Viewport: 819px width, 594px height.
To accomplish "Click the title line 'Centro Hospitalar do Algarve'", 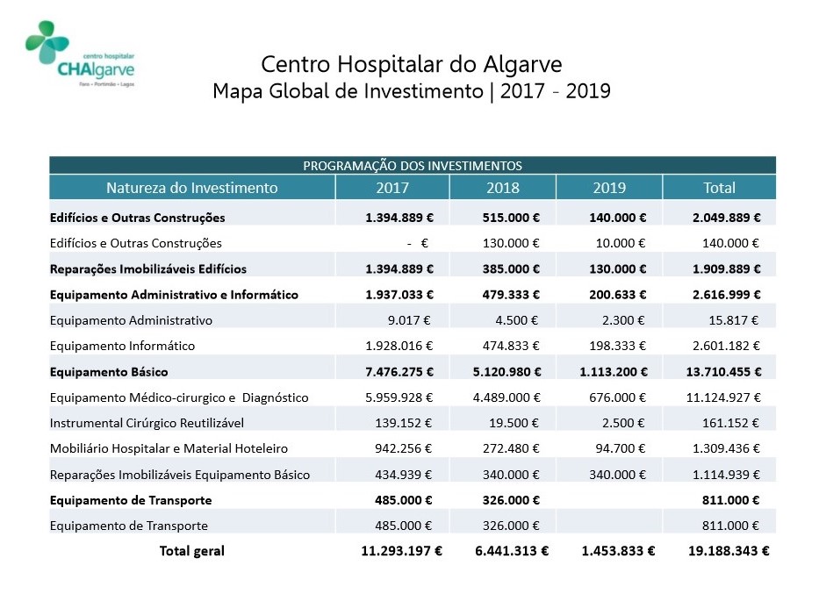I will (412, 64).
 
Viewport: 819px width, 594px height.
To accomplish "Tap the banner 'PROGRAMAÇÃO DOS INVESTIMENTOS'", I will (413, 165).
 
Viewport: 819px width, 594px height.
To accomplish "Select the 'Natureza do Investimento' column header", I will (192, 188).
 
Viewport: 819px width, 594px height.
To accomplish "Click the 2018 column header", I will (502, 188).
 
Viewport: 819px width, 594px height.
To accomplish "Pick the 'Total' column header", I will (719, 188).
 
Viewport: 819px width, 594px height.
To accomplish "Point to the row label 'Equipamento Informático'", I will (123, 346).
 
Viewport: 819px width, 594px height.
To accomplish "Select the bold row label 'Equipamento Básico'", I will (109, 371).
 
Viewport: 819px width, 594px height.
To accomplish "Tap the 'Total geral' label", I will (191, 551).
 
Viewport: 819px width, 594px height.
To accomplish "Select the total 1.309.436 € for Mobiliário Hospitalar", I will (725, 448).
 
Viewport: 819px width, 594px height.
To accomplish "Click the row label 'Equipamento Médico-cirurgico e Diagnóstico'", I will (180, 397).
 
